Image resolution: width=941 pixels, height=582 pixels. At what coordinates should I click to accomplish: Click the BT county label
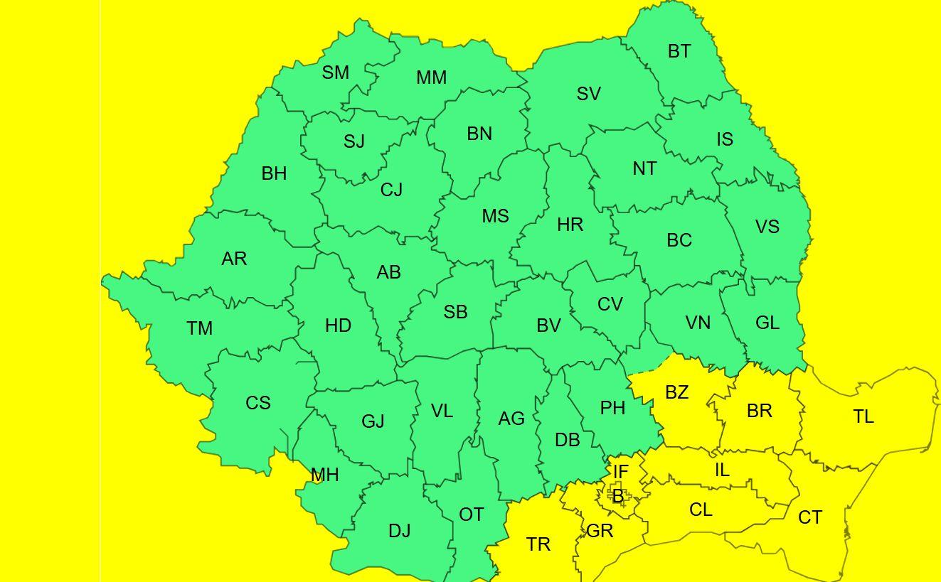[x=679, y=51]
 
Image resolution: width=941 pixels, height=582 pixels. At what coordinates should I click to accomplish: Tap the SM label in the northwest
[x=336, y=72]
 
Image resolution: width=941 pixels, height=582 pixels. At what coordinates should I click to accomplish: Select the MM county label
[x=431, y=77]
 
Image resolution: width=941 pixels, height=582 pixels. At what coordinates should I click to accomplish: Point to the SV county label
[x=588, y=94]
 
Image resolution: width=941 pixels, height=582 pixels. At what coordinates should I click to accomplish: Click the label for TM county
[x=200, y=328]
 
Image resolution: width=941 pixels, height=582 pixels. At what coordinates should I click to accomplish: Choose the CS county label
[x=258, y=403]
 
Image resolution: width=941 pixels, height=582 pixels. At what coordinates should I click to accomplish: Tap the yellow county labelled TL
[x=863, y=416]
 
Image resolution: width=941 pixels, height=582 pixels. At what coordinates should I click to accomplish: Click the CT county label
[x=810, y=517]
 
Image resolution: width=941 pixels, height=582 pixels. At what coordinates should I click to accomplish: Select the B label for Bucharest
[x=618, y=496]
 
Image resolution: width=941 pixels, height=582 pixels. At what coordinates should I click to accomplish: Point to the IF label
[x=620, y=472]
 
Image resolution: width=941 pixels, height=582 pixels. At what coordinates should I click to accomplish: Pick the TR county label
[x=538, y=544]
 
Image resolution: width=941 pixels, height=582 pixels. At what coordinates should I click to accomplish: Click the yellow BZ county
[x=676, y=392]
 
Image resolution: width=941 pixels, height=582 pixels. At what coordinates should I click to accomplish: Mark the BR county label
[x=760, y=411]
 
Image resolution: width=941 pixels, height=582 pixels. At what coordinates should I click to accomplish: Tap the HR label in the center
[x=570, y=225]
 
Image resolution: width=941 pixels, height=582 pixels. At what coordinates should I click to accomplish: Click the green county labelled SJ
[x=354, y=141]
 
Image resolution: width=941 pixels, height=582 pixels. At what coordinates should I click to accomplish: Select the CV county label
[x=610, y=304]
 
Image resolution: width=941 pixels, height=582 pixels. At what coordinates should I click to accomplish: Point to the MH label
[x=324, y=475]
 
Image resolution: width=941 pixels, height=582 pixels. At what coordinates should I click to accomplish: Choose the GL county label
[x=767, y=323]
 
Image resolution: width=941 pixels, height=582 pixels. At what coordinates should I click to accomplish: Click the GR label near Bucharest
[x=600, y=531]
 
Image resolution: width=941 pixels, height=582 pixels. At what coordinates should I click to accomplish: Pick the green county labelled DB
[x=567, y=440]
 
